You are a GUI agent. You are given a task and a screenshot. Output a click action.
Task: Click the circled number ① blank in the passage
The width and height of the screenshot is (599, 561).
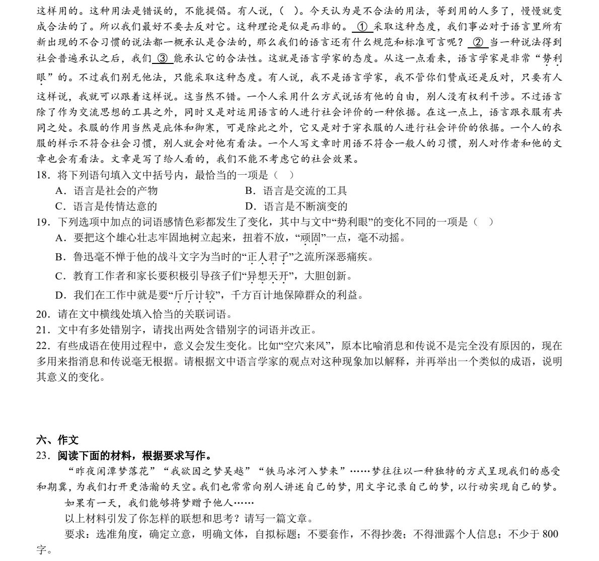361,27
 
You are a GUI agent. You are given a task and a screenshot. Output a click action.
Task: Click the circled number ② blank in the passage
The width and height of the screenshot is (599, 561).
479,42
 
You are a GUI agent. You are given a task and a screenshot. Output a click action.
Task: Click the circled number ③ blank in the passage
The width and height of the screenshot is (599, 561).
162,58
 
